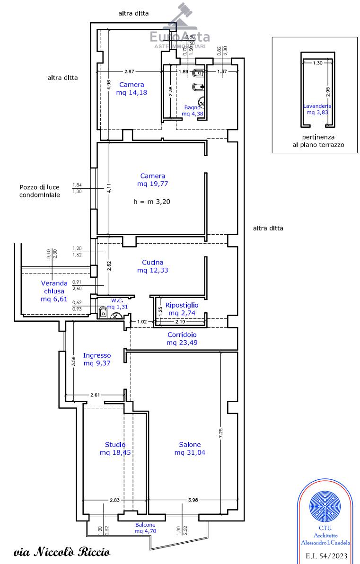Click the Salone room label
[189, 444]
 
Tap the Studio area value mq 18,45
[115, 452]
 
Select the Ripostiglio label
[182, 305]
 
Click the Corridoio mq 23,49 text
[182, 343]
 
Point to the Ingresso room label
[97, 355]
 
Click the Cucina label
[153, 263]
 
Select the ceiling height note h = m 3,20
[152, 201]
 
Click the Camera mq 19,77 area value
[153, 184]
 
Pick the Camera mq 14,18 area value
[132, 93]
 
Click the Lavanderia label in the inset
[317, 106]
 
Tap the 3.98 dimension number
[193, 500]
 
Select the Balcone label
[145, 525]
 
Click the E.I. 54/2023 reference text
[326, 555]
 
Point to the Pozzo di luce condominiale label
[40, 191]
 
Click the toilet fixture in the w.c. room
[103, 312]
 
